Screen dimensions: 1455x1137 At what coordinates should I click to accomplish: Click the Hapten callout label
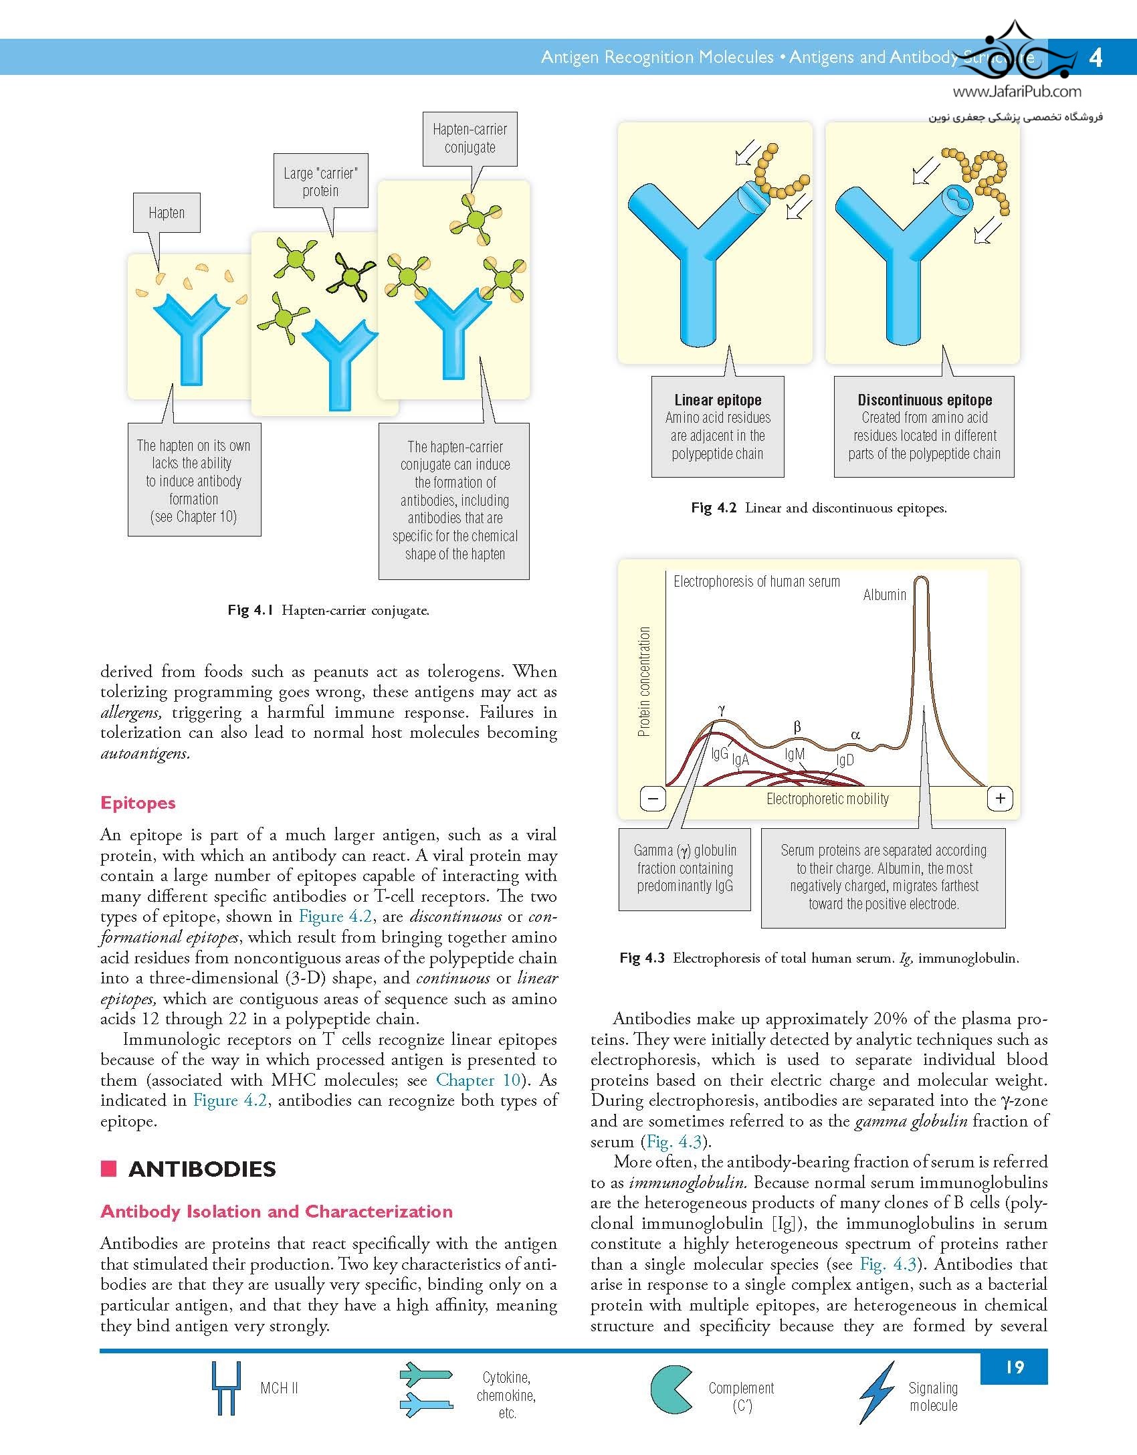[167, 213]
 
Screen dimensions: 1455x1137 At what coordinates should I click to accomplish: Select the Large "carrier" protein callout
[320, 182]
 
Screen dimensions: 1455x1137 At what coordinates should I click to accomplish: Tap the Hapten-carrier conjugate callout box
[470, 138]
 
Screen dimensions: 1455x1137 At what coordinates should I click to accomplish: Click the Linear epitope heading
[718, 400]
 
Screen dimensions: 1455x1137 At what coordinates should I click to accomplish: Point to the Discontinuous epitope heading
[924, 400]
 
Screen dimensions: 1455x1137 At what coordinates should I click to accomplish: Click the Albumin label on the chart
[884, 595]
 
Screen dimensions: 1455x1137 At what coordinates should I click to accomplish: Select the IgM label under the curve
[795, 755]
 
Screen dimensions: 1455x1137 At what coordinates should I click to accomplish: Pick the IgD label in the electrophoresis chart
[845, 761]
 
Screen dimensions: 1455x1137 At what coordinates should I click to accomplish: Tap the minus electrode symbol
[653, 798]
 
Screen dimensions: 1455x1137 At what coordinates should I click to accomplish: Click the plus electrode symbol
[1000, 798]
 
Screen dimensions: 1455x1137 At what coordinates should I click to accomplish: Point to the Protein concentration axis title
[644, 682]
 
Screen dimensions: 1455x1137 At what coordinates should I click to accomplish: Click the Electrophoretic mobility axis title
[827, 799]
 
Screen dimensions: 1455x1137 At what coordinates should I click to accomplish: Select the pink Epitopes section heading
[138, 803]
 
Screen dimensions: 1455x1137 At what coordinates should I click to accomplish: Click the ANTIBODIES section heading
[202, 1169]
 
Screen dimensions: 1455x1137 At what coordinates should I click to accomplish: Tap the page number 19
[1014, 1367]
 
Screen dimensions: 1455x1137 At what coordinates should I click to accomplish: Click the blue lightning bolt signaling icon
[876, 1391]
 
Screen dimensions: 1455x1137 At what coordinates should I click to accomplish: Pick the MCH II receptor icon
[225, 1387]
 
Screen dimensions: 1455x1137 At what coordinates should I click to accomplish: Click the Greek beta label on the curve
[797, 727]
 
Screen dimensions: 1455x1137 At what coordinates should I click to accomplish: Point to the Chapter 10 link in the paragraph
[478, 1080]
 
